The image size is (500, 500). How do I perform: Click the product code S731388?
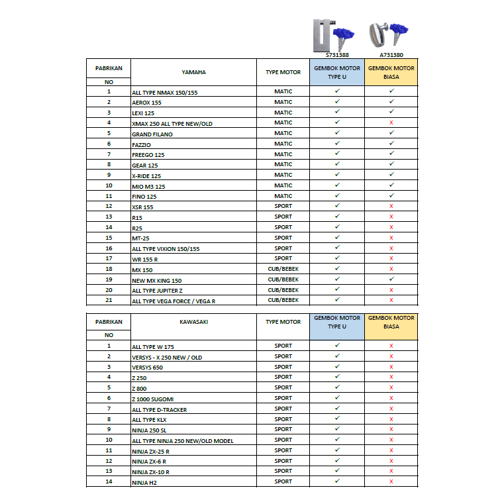[x=337, y=55]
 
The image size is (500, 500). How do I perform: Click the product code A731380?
[x=391, y=55]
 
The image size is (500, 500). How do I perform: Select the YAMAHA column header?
[x=193, y=72]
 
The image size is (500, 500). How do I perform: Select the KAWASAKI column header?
[x=193, y=322]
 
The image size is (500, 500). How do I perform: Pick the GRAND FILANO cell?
[x=152, y=134]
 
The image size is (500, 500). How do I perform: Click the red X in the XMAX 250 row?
[x=391, y=123]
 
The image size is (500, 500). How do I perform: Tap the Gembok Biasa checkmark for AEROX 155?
[x=391, y=102]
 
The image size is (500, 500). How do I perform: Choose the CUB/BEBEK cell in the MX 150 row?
[x=283, y=269]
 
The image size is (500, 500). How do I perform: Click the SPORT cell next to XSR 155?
[x=283, y=207]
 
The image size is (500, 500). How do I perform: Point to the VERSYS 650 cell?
[x=148, y=368]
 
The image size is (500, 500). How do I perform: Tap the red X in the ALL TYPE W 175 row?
[x=391, y=346]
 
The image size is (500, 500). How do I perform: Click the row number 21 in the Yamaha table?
[x=109, y=300]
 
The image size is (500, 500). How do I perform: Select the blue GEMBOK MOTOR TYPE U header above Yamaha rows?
[x=336, y=72]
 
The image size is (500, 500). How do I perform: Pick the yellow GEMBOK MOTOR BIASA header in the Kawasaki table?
[x=391, y=322]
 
